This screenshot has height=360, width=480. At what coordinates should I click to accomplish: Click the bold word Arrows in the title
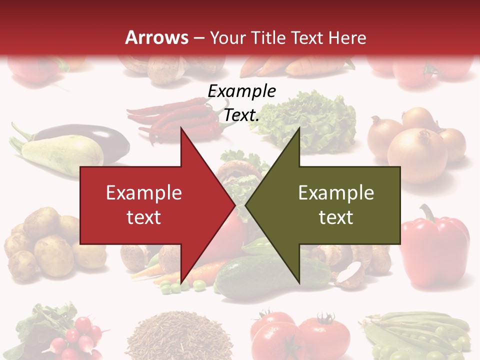156,37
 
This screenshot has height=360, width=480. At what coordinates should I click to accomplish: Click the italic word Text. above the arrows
241,115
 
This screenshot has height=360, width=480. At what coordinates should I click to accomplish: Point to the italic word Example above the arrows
241,91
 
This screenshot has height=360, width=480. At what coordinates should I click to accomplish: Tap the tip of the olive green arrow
246,205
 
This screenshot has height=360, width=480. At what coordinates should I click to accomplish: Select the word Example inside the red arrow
144,193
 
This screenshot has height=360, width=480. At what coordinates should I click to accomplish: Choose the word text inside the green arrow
336,217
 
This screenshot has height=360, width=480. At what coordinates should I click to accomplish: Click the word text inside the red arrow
144,217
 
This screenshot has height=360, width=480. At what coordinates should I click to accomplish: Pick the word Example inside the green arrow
336,193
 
